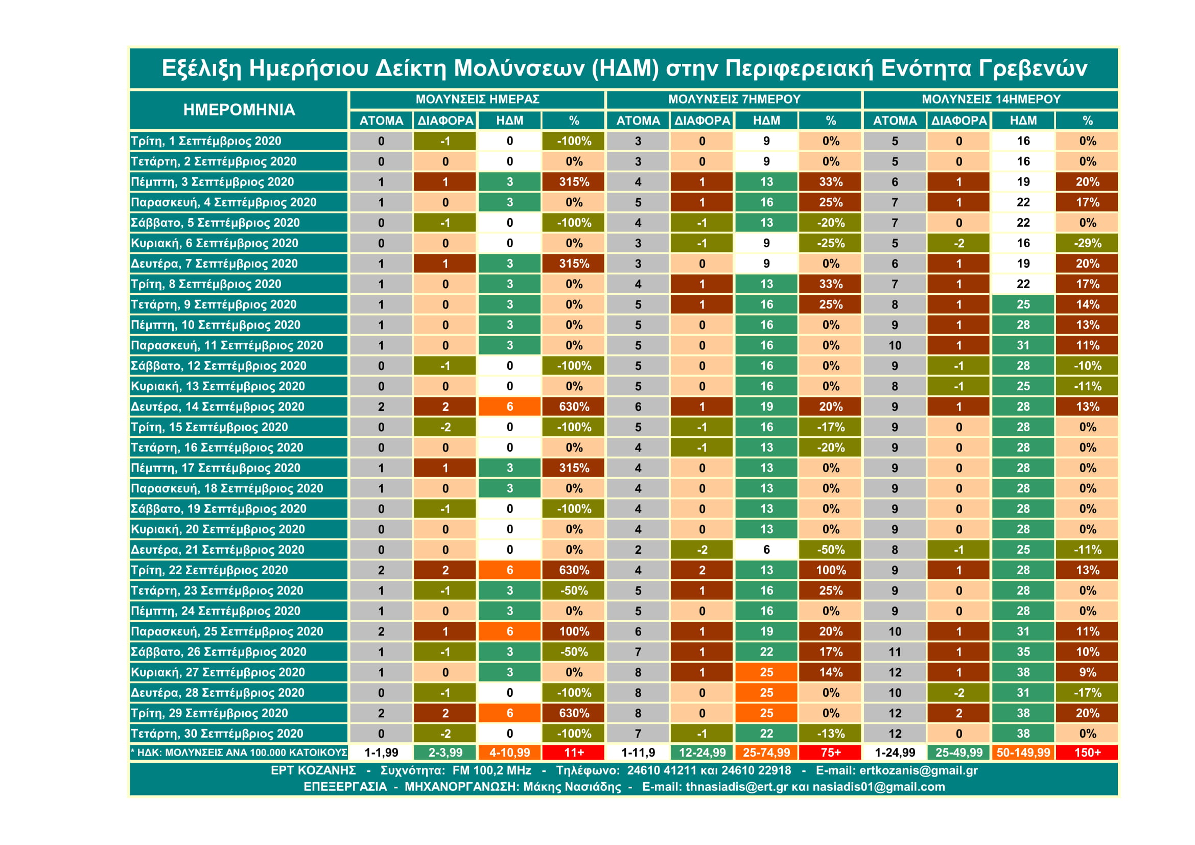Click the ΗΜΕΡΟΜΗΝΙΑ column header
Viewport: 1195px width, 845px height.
pos(239,109)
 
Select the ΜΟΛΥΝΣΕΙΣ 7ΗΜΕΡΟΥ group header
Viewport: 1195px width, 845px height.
pos(734,99)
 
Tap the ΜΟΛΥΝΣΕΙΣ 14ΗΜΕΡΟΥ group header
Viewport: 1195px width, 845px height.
pos(991,99)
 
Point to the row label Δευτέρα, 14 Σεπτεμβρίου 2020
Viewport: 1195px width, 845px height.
pos(217,406)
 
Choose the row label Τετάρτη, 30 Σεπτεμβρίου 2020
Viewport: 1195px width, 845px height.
pos(217,733)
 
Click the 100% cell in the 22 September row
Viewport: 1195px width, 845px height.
pos(831,570)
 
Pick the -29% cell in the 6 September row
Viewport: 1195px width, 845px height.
pos(1087,243)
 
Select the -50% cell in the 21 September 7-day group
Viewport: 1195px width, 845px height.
pos(831,550)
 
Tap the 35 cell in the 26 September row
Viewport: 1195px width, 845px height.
pos(1023,651)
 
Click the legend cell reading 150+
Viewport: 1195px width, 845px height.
pos(1087,753)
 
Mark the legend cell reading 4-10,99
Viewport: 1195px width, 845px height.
pos(509,753)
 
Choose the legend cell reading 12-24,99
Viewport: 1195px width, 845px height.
pos(702,753)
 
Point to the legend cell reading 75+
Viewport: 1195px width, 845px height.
pos(831,753)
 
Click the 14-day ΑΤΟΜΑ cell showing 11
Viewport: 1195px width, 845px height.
pos(895,651)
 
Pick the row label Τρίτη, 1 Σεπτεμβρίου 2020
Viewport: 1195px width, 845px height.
pos(205,141)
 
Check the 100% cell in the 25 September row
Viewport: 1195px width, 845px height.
pos(574,631)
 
